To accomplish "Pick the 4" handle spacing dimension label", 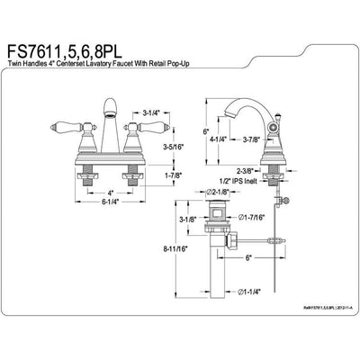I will (110, 192).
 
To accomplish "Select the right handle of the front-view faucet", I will (139, 131).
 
